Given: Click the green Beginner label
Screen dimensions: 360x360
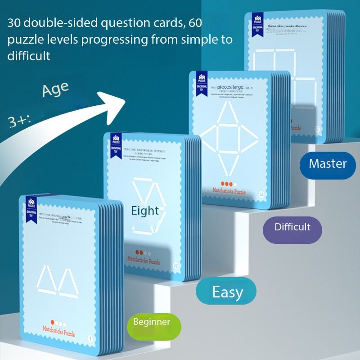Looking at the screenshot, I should (152, 322).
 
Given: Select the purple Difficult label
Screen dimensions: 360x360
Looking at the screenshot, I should (292, 226).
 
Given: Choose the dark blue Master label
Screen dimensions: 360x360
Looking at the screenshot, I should (328, 163).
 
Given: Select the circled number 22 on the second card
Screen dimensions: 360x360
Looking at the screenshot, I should (176, 265).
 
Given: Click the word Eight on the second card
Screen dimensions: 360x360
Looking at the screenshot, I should (145, 211).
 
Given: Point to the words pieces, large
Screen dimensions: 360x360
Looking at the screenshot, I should (230, 86).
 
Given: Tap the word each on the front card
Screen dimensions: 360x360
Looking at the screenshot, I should (66, 217).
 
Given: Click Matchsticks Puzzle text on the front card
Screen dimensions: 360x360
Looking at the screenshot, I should (57, 333).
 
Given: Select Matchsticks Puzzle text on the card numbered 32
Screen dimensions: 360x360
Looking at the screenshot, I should (229, 192).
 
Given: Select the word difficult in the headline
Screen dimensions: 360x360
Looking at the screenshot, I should (29, 56).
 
